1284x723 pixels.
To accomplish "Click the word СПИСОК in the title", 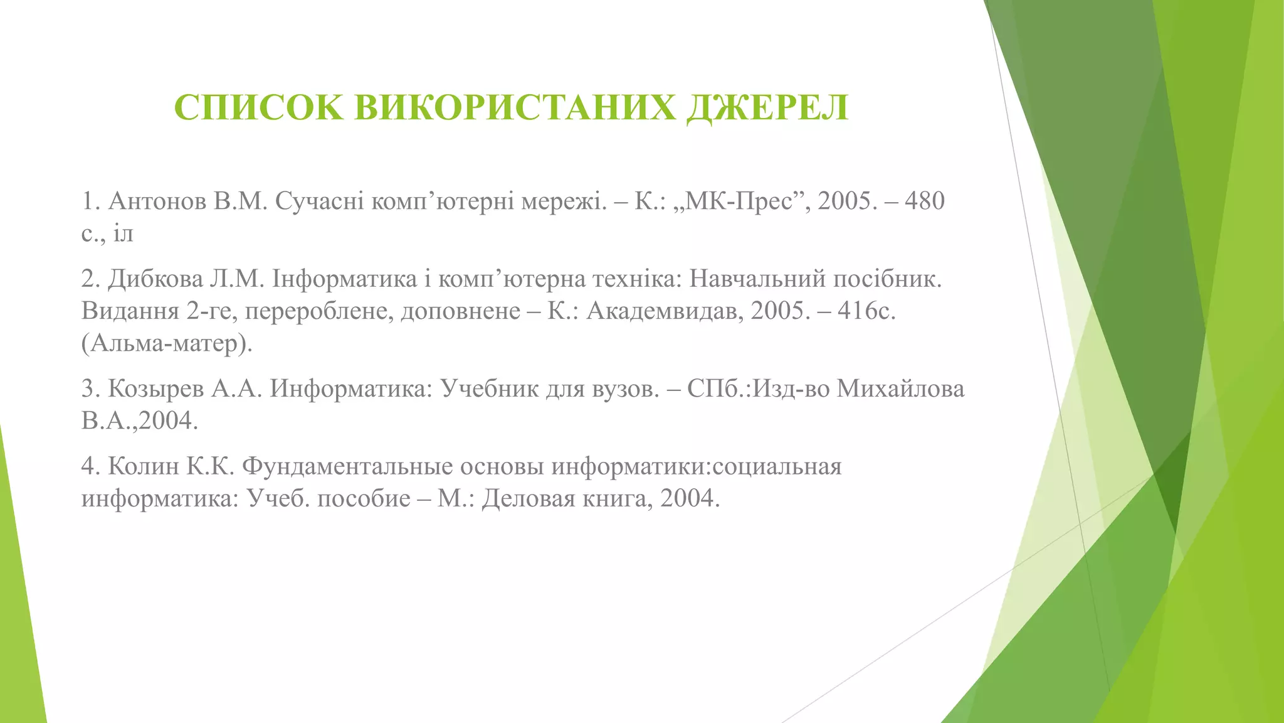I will [x=258, y=108].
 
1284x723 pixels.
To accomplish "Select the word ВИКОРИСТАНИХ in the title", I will [x=515, y=108].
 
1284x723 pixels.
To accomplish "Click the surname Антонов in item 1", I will [x=157, y=201].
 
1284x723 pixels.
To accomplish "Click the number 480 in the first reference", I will [x=924, y=201].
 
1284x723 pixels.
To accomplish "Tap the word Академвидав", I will [x=665, y=311].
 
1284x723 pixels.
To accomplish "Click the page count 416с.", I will [x=867, y=311].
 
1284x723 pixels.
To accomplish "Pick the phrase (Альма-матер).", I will [x=167, y=343].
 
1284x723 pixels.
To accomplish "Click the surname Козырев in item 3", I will [x=156, y=389].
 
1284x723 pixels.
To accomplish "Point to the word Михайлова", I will [x=900, y=389].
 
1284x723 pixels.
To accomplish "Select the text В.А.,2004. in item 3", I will [x=139, y=421].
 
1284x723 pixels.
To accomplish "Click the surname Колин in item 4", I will [x=144, y=467].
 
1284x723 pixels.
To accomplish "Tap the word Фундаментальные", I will [x=347, y=467].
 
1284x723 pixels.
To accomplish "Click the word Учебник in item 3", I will [x=488, y=389].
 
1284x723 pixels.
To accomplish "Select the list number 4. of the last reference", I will [x=90, y=467].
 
